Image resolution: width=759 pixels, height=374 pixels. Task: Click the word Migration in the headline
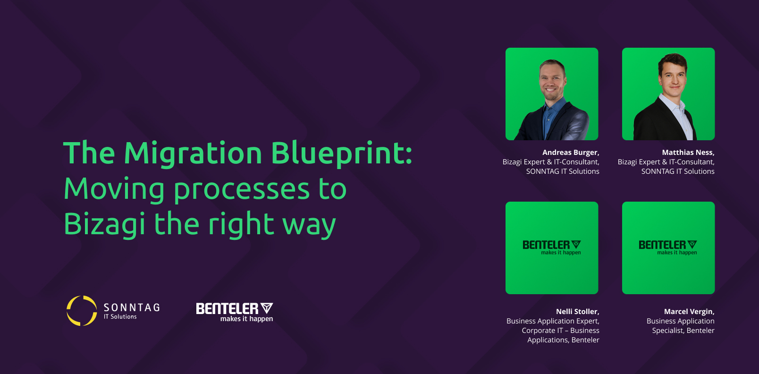(x=193, y=154)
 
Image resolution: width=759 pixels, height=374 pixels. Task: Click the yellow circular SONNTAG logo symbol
(x=82, y=311)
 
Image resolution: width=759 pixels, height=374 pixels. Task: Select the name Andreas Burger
(x=571, y=152)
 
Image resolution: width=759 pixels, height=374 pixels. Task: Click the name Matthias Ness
(x=688, y=152)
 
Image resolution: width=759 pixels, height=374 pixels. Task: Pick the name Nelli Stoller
(x=577, y=311)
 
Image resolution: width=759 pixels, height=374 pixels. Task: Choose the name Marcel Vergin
(x=689, y=311)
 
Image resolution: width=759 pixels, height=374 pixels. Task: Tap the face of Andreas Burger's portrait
(x=552, y=81)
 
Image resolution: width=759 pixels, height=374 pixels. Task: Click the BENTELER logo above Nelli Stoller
(x=552, y=247)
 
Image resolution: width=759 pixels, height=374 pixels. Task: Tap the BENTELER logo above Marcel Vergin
(x=668, y=247)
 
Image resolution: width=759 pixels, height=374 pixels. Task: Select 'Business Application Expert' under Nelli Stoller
(x=553, y=321)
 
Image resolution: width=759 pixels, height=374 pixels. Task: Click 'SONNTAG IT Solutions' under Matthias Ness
(x=678, y=171)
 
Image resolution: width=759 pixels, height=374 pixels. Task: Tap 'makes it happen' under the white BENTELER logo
(x=247, y=319)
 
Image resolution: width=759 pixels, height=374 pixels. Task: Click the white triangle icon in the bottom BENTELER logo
(x=267, y=308)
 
